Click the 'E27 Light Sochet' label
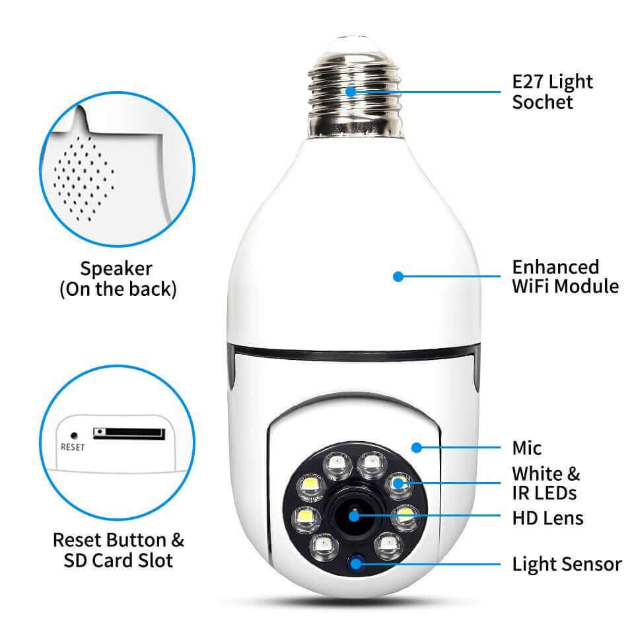pyautogui.click(x=553, y=92)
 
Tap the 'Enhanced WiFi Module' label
pyautogui.click(x=565, y=277)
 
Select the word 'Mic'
pyautogui.click(x=526, y=448)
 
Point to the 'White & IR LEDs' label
pyautogui.click(x=546, y=483)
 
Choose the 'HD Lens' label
pyautogui.click(x=547, y=516)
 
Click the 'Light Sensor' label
pyautogui.click(x=567, y=565)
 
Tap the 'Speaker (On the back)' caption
pyautogui.click(x=118, y=279)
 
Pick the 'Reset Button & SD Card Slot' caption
pyautogui.click(x=118, y=550)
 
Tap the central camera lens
pyautogui.click(x=355, y=516)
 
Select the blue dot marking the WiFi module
pyautogui.click(x=398, y=277)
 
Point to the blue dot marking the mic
pyautogui.click(x=416, y=448)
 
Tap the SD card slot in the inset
pyautogui.click(x=129, y=433)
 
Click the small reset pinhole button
pyautogui.click(x=74, y=436)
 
